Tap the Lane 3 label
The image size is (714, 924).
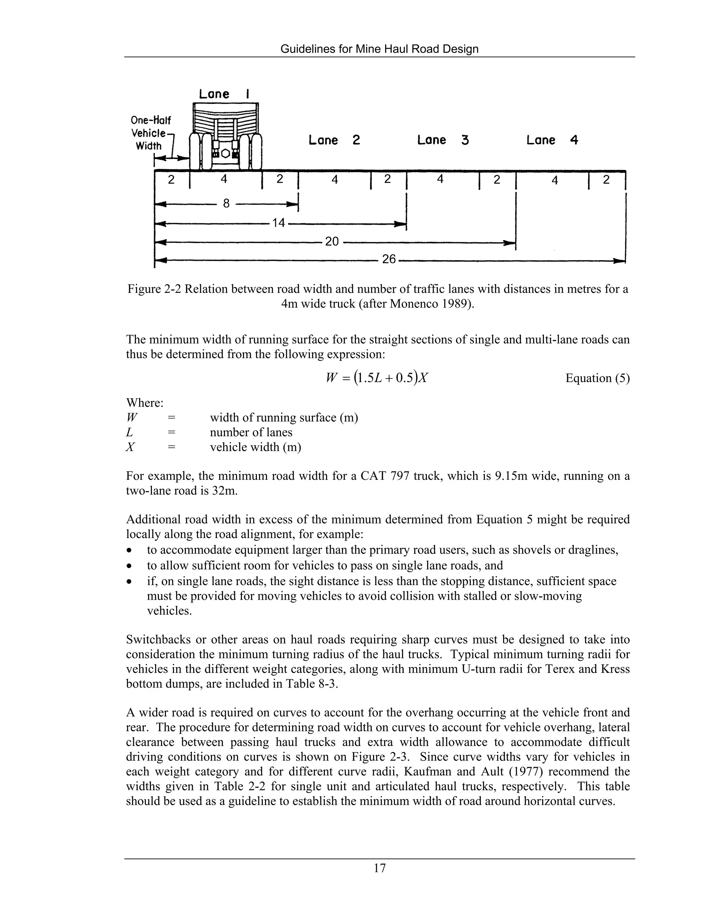[x=443, y=140]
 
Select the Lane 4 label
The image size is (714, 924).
[x=552, y=140]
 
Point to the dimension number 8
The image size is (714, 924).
[x=226, y=204]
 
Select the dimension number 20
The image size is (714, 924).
[x=332, y=242]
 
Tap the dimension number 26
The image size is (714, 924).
[x=389, y=259]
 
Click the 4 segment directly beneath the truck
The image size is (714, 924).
[x=224, y=179]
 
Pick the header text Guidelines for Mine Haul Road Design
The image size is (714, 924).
[x=379, y=49]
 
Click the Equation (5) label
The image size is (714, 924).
[x=597, y=378]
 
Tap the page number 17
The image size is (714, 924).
[x=379, y=868]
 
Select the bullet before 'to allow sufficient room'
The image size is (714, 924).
[x=130, y=566]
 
